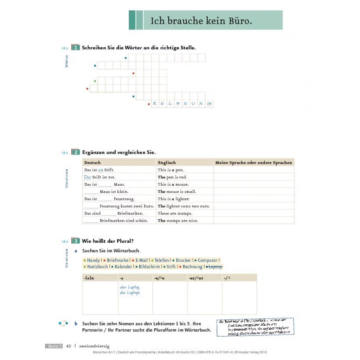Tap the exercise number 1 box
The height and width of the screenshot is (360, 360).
pyautogui.click(x=76, y=48)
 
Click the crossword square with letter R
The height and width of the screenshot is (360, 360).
pyautogui.click(x=155, y=104)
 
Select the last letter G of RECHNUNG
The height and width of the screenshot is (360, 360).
pyautogui.click(x=209, y=104)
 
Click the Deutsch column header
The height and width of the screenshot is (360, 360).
pyautogui.click(x=93, y=163)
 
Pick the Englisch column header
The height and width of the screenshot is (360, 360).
pyautogui.click(x=167, y=163)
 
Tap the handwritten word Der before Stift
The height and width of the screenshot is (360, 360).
pyautogui.click(x=87, y=177)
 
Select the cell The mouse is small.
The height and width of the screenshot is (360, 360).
pyautogui.click(x=177, y=192)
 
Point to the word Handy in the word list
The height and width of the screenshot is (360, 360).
pyautogui.click(x=93, y=260)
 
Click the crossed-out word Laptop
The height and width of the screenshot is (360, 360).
pyautogui.click(x=215, y=267)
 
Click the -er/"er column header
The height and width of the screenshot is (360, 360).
pyautogui.click(x=196, y=278)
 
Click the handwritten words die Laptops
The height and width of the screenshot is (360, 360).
pyautogui.click(x=130, y=293)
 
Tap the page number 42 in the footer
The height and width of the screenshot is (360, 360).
pyautogui.click(x=69, y=346)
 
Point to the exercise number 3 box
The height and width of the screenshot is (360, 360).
pyautogui.click(x=76, y=241)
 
